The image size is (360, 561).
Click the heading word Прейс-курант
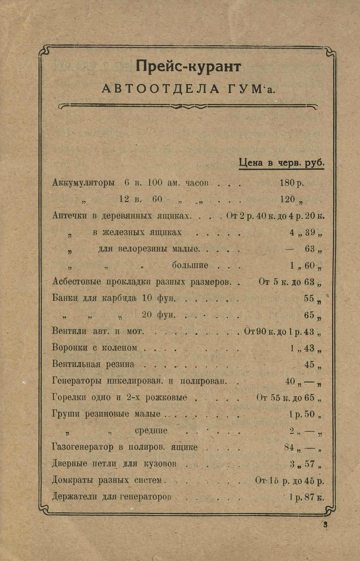188,67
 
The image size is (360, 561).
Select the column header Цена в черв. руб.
281,162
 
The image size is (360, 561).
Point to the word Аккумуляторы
83,183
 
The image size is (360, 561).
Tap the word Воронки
69,348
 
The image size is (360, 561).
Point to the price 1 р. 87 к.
306,497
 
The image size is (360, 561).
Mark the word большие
190,265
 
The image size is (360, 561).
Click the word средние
151,430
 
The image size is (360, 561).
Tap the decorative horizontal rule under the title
188,106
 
